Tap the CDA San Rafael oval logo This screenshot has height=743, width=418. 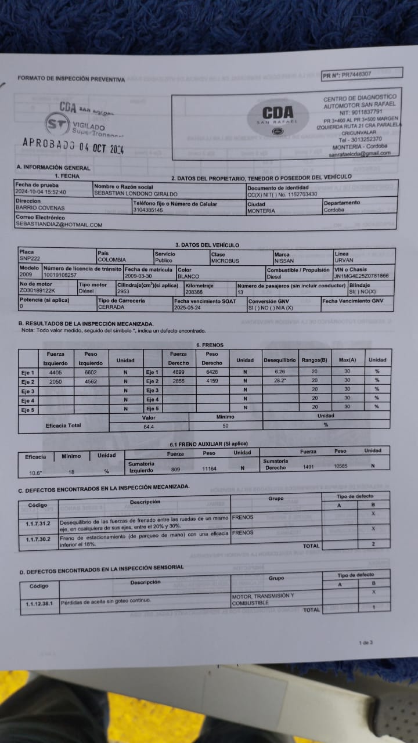pos(278,117)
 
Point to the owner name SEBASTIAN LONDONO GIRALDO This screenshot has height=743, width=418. pos(136,194)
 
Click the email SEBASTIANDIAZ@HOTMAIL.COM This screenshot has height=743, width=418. pos(59,225)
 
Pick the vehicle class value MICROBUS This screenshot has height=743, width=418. pos(225,260)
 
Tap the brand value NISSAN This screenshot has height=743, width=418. pos(284,261)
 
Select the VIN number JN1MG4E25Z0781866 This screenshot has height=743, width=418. pos(361,276)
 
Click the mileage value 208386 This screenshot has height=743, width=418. pos(194,291)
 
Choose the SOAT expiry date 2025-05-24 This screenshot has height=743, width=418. pos(190,308)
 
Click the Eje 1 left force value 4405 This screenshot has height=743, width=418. pos(55,372)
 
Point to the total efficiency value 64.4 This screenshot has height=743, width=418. pos(149,427)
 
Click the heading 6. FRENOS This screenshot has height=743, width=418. pos(210,345)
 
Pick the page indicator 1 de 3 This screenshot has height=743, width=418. pos(366,643)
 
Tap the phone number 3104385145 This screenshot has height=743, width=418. pos(148,210)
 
